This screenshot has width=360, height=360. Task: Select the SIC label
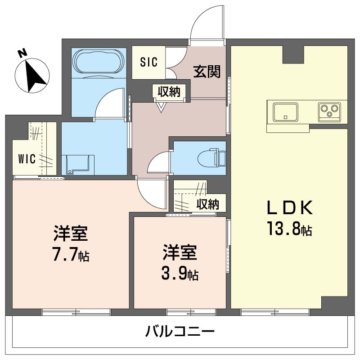(149, 62)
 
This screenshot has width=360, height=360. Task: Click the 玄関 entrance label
(207, 71)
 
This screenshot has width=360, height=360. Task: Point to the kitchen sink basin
(285, 112)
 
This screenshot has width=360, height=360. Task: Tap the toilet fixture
(211, 157)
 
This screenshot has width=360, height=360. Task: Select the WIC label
(27, 159)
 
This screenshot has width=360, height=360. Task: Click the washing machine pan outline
(77, 164)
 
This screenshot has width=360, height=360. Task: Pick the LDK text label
(290, 208)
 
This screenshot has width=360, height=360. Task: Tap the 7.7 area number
(66, 255)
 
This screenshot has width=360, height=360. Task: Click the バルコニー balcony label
(180, 331)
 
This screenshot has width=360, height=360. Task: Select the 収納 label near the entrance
(169, 92)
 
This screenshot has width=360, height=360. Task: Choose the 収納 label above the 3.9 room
(208, 204)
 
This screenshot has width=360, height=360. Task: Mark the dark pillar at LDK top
(293, 54)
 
